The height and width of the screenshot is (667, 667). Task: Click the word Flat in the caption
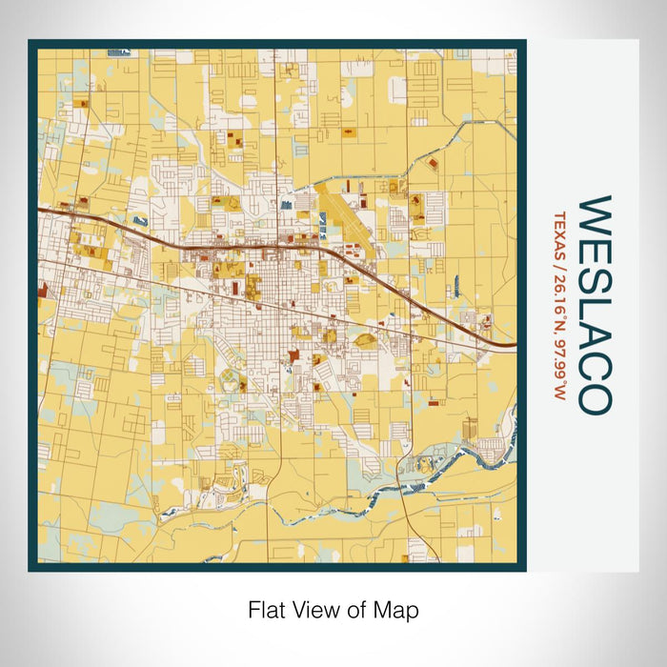[267, 610]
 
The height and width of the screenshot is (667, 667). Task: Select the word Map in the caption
[399, 610]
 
